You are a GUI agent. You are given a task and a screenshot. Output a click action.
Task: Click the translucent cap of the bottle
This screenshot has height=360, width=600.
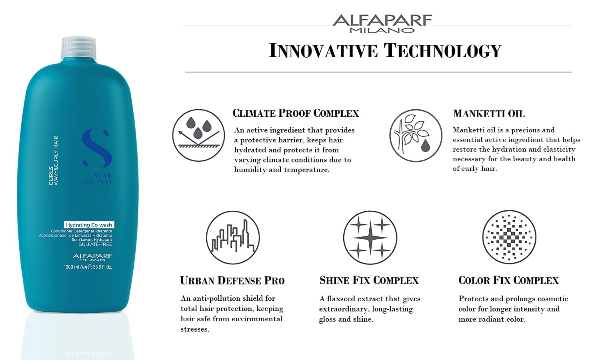tap(79, 48)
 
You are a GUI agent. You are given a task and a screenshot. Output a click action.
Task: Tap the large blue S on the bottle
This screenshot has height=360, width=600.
tap(97, 148)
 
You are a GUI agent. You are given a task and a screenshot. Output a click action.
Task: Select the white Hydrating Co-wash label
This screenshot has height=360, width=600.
tap(89, 225)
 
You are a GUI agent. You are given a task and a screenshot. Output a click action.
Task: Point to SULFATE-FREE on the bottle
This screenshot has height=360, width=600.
tap(95, 244)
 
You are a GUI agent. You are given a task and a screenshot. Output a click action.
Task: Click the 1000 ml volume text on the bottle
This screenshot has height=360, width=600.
tap(88, 267)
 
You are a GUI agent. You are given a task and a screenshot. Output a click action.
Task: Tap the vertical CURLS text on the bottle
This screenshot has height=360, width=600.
tap(51, 176)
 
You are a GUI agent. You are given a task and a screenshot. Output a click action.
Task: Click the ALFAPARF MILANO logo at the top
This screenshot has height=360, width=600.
tap(382, 24)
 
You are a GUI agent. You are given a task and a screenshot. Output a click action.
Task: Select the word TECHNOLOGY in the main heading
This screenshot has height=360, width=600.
tap(442, 50)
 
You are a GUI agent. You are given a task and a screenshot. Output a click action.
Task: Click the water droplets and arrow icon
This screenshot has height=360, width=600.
tap(198, 135)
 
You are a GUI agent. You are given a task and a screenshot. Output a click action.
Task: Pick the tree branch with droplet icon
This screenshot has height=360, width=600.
tap(416, 136)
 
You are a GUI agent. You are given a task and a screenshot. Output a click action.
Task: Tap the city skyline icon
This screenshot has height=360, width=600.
tap(233, 238)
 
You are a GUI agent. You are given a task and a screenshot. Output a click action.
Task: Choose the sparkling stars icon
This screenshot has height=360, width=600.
tap(370, 238)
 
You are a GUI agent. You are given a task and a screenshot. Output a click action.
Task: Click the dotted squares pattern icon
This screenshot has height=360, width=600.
tap(509, 237)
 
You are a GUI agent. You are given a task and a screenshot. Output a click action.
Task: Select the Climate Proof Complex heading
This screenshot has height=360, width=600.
tap(296, 113)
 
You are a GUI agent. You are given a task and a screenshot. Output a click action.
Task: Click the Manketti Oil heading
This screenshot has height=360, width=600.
tap(489, 114)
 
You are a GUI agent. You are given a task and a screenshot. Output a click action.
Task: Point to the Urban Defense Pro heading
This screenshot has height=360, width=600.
tap(232, 280)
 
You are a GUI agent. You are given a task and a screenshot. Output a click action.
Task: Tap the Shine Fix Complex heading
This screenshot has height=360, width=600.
tap(369, 280)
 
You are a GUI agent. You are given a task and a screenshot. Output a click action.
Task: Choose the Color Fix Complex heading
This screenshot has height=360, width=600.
tap(508, 280)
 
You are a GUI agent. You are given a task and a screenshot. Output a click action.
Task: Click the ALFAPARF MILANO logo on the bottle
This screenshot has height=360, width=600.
tap(92, 257)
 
